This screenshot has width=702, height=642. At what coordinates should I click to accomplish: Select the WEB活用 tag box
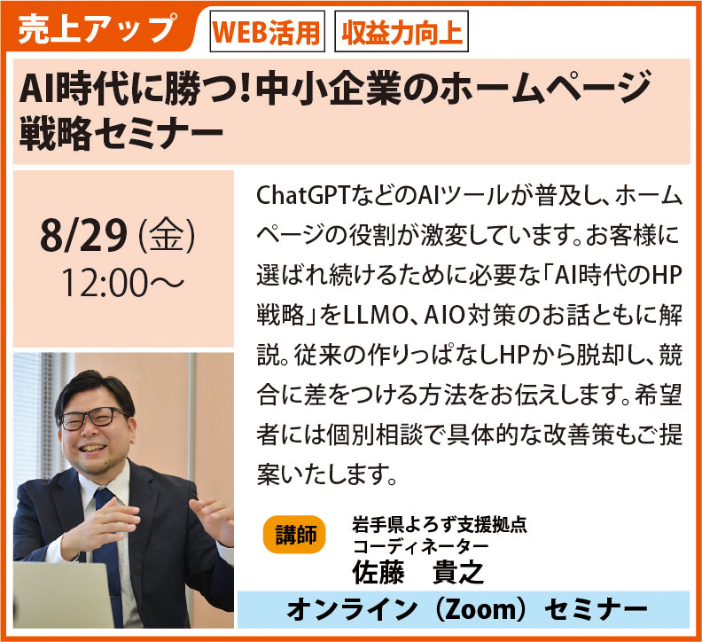268,31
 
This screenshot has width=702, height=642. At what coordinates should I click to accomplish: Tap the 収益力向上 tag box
402,31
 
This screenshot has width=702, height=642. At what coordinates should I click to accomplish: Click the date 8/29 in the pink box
83,236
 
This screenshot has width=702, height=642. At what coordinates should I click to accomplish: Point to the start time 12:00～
122,283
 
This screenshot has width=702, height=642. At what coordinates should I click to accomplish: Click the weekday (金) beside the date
167,236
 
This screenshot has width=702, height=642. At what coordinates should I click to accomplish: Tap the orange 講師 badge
295,535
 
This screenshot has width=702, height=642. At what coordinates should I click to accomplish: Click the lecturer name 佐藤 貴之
417,572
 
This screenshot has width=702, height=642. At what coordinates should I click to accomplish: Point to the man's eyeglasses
92,419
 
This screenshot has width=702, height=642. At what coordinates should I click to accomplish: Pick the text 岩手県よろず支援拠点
440,525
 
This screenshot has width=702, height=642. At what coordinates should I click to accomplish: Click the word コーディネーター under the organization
420,546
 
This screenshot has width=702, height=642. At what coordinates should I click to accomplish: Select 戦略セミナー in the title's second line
121,133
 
